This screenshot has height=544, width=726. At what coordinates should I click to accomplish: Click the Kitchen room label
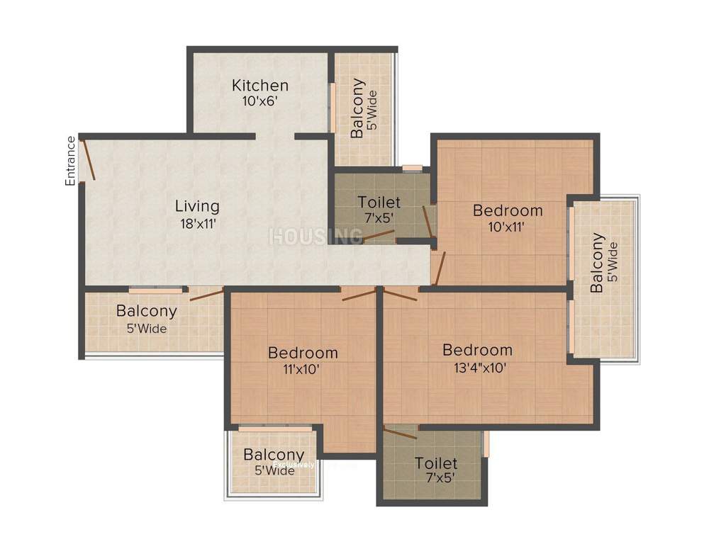tap(260, 86)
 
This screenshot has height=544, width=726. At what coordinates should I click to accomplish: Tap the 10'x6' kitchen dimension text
tap(260, 101)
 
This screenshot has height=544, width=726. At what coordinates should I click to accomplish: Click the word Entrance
tap(71, 161)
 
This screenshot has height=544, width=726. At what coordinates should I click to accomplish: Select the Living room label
tap(197, 206)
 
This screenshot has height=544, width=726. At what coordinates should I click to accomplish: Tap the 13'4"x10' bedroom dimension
tap(477, 368)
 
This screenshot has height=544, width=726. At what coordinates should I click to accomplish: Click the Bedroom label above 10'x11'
tap(508, 210)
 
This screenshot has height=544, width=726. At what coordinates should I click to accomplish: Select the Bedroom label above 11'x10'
tap(303, 353)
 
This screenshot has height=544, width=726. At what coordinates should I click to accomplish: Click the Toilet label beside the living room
tap(379, 203)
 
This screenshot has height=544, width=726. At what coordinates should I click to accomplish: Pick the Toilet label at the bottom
tap(436, 463)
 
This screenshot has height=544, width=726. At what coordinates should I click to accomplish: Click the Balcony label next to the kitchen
tap(358, 108)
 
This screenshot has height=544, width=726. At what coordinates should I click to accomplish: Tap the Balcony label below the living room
tap(147, 311)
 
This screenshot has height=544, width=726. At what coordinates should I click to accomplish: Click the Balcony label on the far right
tap(598, 262)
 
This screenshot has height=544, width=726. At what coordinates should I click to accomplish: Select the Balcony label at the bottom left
tap(274, 455)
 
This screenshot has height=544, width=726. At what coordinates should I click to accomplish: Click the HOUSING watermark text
tap(315, 237)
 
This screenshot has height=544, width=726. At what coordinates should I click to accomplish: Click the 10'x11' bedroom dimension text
tap(508, 227)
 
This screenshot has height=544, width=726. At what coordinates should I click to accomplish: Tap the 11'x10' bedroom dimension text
tap(303, 368)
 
